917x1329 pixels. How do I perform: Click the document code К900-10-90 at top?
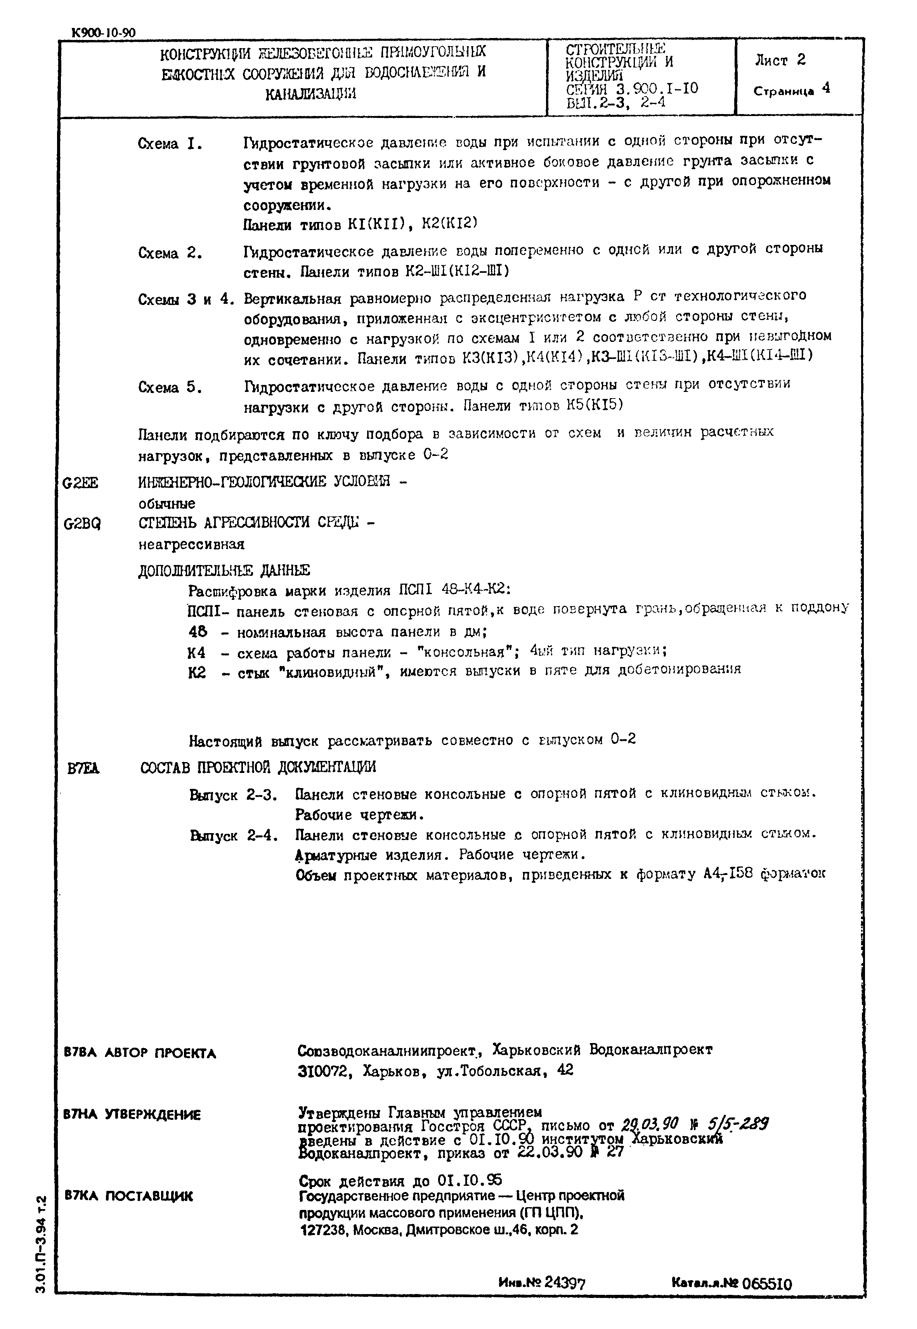[104, 33]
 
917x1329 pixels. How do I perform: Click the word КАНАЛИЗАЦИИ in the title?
[310, 94]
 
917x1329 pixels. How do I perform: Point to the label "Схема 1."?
[170, 144]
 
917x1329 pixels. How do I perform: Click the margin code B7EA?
[84, 768]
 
